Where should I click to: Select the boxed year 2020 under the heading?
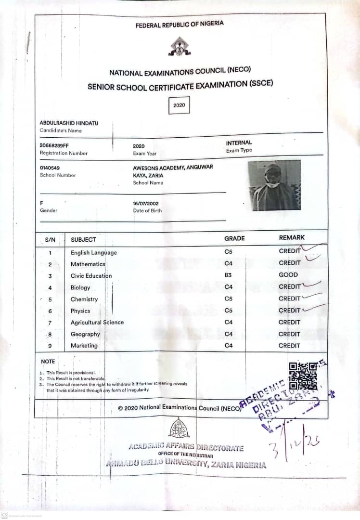179,105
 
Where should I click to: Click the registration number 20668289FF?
54,145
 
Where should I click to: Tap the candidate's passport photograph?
274,185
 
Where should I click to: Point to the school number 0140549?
50,168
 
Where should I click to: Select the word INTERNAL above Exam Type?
239,143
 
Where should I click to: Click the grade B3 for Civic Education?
228,275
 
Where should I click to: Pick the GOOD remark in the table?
288,275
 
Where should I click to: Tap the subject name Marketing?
84,346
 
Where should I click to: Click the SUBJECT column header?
83,240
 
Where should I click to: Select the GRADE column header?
234,238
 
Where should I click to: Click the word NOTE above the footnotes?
48,362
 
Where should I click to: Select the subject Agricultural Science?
97,323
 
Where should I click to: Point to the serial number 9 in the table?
50,346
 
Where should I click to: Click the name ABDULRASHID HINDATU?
69,123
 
